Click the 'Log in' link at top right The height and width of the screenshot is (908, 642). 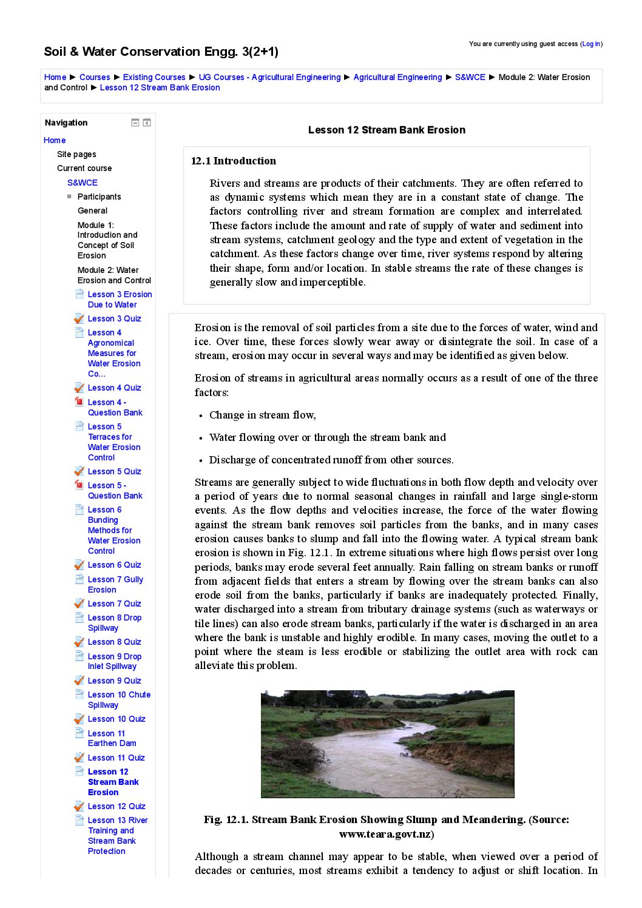(x=591, y=44)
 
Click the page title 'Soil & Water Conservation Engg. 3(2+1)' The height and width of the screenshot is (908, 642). (x=161, y=52)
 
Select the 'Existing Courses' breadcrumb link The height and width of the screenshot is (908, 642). (x=154, y=77)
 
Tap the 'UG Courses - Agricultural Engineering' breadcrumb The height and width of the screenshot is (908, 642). (x=269, y=77)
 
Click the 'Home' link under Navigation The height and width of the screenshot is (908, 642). (x=55, y=140)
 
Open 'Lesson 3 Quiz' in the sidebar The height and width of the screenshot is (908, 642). (x=114, y=318)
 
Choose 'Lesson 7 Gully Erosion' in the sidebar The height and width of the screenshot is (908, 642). (x=115, y=584)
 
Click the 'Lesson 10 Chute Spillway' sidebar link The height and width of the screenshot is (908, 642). (x=119, y=699)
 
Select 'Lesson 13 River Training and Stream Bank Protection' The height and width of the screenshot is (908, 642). (x=117, y=835)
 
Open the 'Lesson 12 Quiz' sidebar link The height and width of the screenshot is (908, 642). (x=117, y=806)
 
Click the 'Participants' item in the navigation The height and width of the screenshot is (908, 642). (x=99, y=197)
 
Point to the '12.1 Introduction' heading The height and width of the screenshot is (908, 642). (x=234, y=161)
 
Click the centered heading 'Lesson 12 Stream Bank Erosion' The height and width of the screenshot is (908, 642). (x=387, y=130)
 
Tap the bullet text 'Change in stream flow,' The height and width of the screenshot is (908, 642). (x=262, y=415)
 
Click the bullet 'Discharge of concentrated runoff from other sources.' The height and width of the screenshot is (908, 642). (x=331, y=460)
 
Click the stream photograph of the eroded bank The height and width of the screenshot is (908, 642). (x=387, y=744)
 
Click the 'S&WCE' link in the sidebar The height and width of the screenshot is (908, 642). (x=83, y=183)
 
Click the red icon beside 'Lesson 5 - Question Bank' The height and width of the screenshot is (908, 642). (x=79, y=485)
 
